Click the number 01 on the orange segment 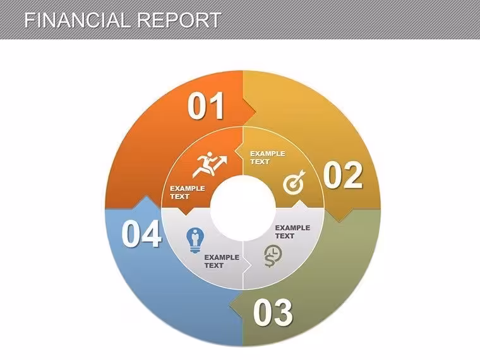pos(206,105)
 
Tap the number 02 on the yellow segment pos(343,175)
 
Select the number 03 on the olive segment pos(273,313)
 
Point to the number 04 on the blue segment pos(141,234)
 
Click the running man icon pos(210,164)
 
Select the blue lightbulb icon pos(195,240)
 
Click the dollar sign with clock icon pos(273,256)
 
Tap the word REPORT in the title pos(179,20)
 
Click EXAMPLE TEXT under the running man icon pos(188,192)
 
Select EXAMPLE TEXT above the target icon pos(268,158)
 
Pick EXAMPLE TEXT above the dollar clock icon pos(292,232)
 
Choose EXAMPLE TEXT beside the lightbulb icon pos(222,261)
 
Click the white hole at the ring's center pos(243,208)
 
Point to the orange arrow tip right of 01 pos(256,112)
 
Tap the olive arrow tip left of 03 pos(230,304)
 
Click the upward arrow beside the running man pos(222,162)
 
